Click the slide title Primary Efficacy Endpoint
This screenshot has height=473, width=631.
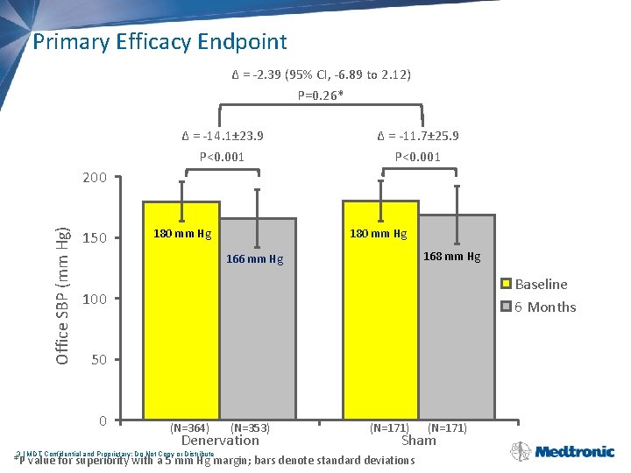pos(160,41)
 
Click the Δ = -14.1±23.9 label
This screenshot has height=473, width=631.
pos(222,136)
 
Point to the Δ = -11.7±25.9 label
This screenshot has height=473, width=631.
pos(418,136)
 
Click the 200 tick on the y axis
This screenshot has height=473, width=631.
pos(94,178)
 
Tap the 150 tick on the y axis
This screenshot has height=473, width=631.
pos(94,238)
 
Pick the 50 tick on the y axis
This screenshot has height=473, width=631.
pos(97,360)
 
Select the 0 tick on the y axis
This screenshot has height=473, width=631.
pos(102,421)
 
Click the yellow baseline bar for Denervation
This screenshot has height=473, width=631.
pos(181,333)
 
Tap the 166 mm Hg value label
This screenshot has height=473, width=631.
pos(254,259)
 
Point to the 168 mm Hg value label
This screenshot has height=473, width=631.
pos(451,257)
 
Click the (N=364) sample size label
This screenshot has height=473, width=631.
pos(189,428)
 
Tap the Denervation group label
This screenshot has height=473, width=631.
pos(220,441)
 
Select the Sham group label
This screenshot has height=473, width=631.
pos(418,441)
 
